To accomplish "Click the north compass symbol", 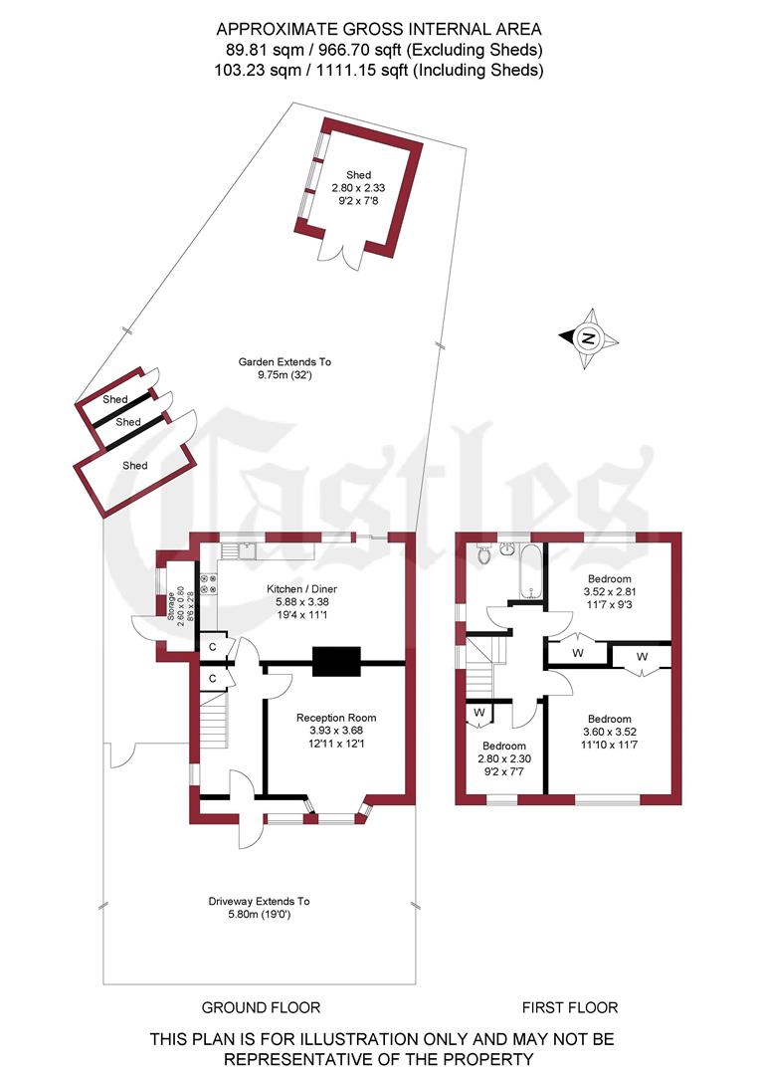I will coord(589,338).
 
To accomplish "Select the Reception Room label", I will coord(336,717).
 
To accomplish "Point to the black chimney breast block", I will coord(336,662).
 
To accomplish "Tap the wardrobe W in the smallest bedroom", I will coord(478,713).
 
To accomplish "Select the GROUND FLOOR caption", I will coord(261,1007).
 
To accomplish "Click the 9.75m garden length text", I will coord(285,375).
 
